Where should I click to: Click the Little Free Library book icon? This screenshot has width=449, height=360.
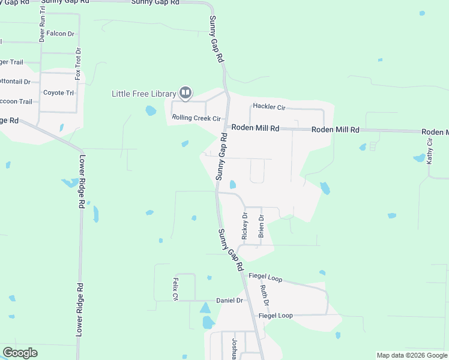point(185,92)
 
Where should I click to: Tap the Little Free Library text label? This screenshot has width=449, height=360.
point(144,94)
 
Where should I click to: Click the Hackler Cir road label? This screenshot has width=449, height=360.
point(268,107)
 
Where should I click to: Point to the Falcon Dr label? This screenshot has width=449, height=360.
point(60,34)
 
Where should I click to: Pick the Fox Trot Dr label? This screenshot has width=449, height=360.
point(77,64)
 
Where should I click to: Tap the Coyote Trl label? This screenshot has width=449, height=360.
point(58,93)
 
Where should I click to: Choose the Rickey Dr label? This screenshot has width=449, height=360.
point(245,226)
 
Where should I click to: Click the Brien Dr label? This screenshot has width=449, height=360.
point(261,226)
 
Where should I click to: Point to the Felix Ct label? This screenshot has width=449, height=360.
point(176,289)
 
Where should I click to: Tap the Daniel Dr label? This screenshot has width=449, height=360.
point(230,300)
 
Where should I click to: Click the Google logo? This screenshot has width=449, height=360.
point(20,353)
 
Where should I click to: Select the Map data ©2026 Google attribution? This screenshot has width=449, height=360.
point(411,355)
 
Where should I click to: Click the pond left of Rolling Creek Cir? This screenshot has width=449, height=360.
point(151,110)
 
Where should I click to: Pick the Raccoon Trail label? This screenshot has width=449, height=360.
point(16,101)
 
